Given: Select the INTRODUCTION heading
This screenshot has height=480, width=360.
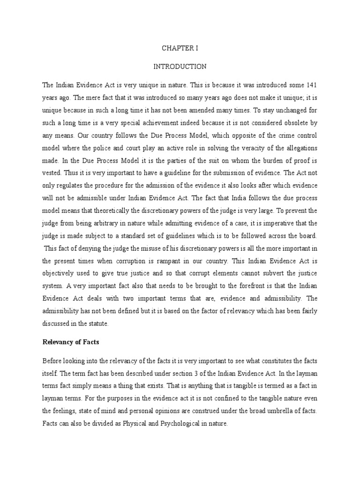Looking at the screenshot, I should coord(180,67).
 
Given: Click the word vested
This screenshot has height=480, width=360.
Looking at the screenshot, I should coord(52,172).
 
